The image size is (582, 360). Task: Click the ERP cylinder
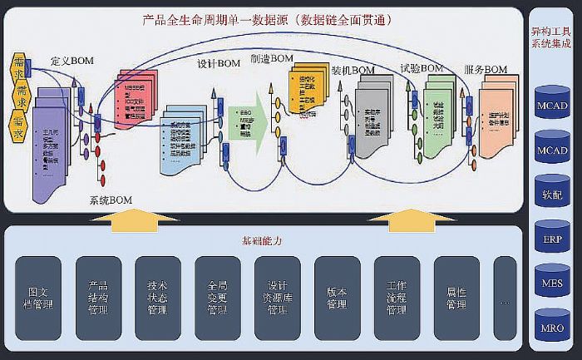pos(553,239)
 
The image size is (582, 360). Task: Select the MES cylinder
pos(553,284)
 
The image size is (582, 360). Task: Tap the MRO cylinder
pos(553,329)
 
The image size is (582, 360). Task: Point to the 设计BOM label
pos(219,64)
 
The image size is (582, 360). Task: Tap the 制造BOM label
pos(272,58)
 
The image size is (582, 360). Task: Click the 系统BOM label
pos(111,200)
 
